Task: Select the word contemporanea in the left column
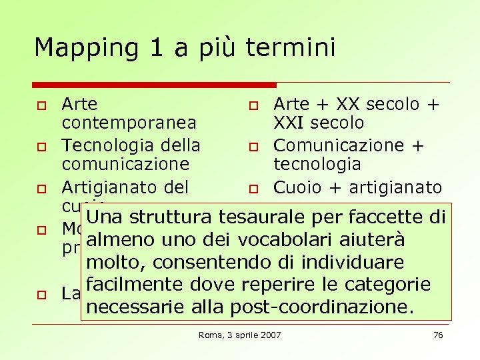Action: coord(129,123)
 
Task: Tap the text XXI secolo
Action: coord(319,123)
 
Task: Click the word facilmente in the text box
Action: coord(133,285)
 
